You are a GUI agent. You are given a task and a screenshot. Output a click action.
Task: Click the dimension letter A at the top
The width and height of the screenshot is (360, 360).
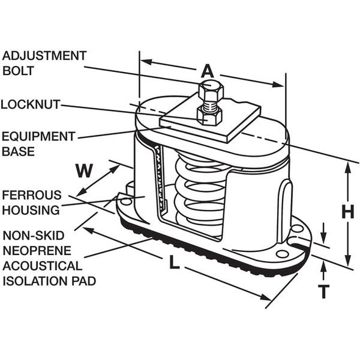(x=207, y=71)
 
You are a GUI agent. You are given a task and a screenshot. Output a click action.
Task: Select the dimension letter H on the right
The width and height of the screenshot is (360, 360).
(x=347, y=212)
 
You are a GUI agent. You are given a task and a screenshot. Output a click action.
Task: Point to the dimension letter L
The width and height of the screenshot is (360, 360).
(x=173, y=264)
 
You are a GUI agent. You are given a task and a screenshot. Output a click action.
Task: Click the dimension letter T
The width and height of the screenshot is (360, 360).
(x=323, y=291)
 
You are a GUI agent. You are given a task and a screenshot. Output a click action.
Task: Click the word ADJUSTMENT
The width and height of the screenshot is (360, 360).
(x=44, y=56)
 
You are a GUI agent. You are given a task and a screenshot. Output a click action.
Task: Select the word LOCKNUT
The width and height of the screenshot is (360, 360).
(x=30, y=104)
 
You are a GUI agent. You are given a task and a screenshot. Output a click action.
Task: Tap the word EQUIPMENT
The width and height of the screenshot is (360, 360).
(x=38, y=136)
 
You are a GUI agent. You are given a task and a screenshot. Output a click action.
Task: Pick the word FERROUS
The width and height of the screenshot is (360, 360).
(x=32, y=195)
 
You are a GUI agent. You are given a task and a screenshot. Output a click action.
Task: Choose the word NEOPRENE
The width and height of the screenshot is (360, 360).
(x=36, y=250)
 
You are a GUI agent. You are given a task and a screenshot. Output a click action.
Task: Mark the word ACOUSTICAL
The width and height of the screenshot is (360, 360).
(x=42, y=266)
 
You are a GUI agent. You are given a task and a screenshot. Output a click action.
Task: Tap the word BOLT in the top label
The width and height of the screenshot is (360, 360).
(x=19, y=71)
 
